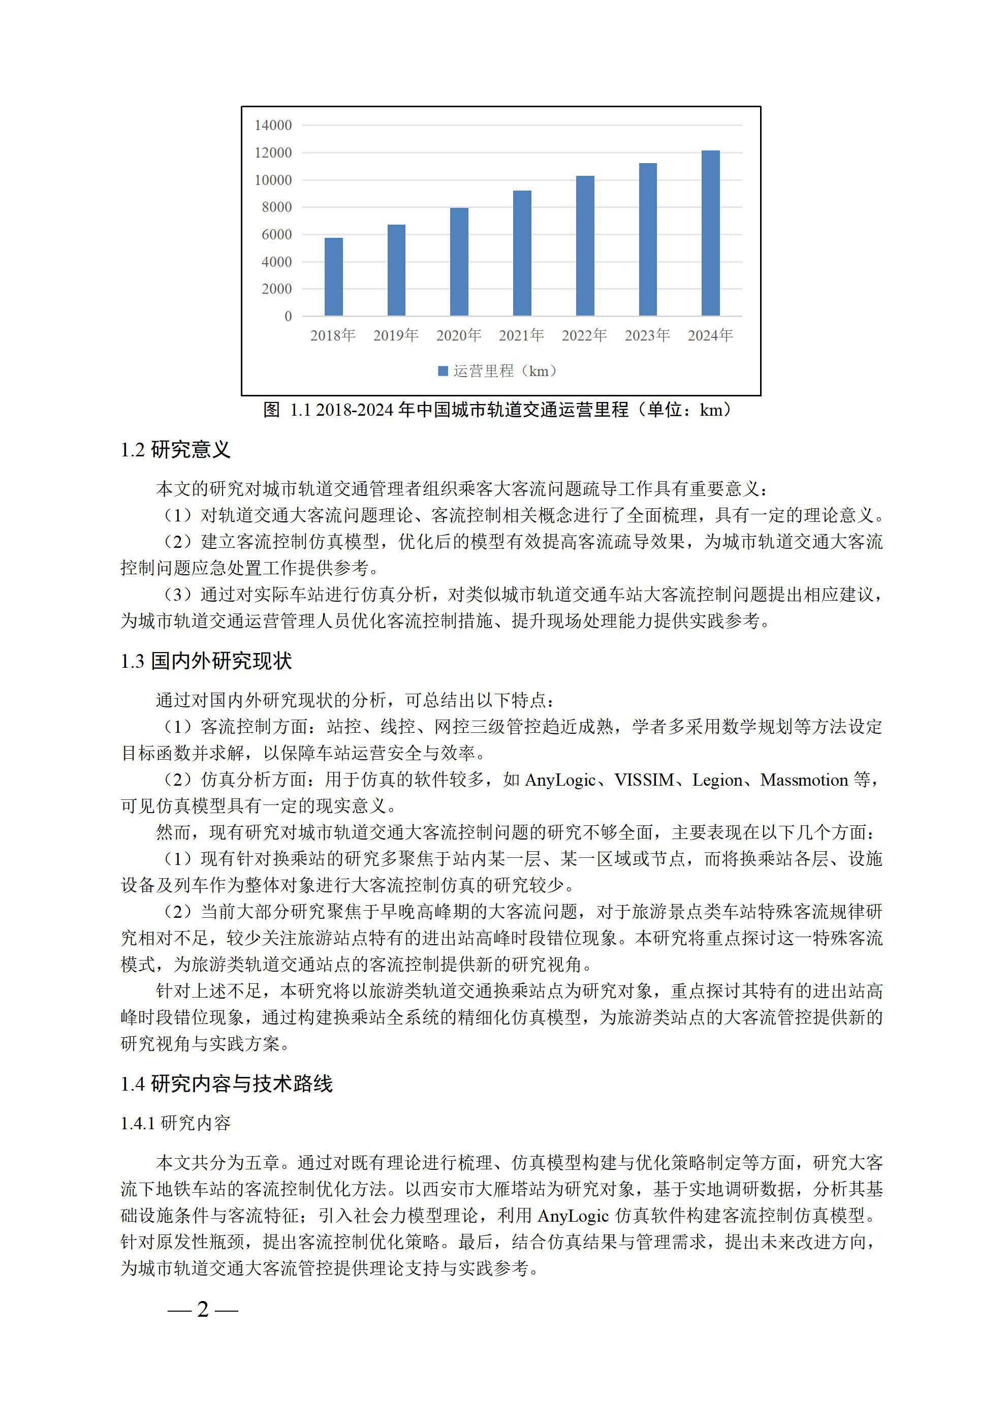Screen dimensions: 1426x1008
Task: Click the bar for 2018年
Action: click(x=333, y=277)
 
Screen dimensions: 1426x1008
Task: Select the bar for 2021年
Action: click(x=522, y=254)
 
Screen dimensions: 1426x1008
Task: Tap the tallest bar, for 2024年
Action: click(x=710, y=234)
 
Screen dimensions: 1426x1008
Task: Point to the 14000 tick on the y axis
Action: click(x=273, y=126)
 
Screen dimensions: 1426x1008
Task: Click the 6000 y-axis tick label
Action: click(x=276, y=235)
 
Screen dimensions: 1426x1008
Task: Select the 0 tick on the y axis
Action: click(x=288, y=317)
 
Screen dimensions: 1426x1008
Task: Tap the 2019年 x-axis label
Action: click(x=396, y=336)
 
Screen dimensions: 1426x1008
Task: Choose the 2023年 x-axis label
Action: click(x=647, y=336)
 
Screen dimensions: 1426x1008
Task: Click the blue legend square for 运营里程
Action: click(x=443, y=371)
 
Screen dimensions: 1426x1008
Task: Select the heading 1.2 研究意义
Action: click(x=175, y=450)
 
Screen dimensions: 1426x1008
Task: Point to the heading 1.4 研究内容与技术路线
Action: click(x=226, y=1084)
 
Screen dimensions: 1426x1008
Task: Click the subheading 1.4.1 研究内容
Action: click(x=175, y=1123)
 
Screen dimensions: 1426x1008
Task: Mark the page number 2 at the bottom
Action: click(x=203, y=1309)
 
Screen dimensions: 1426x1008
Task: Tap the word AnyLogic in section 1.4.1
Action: click(x=573, y=1216)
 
